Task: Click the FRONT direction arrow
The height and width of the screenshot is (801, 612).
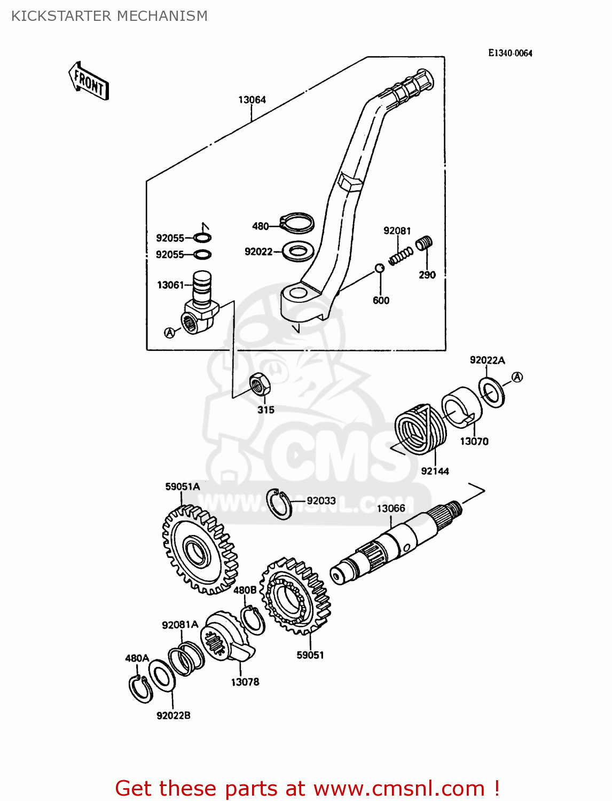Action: coord(89,82)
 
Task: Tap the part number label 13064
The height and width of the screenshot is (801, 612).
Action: coord(252,100)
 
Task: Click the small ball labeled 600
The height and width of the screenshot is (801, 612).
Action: coord(379,268)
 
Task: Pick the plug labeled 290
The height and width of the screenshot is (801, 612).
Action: coord(424,244)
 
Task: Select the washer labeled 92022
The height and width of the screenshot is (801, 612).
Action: coord(297,251)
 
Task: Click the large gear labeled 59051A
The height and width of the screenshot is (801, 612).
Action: coord(199,551)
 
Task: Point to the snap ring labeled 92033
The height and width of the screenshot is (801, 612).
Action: coord(279,504)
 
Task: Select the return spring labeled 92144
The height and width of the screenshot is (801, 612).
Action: coord(420,429)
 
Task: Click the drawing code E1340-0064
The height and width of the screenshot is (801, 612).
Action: coord(510,53)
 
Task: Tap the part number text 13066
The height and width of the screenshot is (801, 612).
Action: coord(391,508)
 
